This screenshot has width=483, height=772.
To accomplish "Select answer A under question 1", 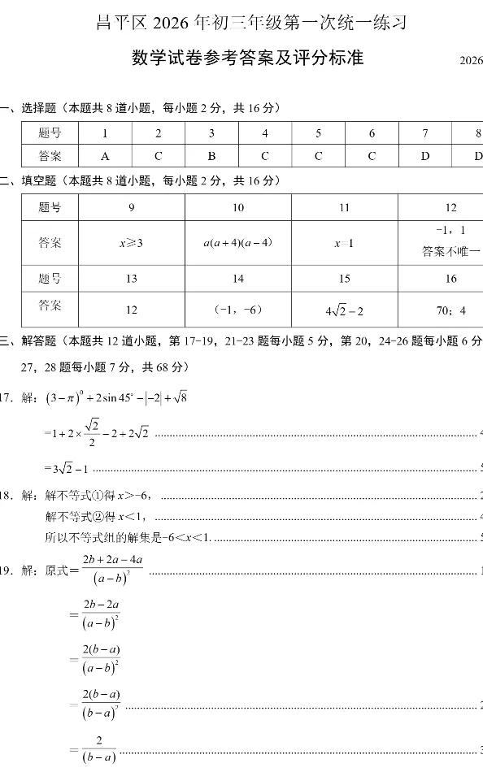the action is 105,156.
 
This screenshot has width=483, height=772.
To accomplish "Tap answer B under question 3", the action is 211,156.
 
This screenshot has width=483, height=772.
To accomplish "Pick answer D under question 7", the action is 424,156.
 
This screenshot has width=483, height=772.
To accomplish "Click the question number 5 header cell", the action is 318,133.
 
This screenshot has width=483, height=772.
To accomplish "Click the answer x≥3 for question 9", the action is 131,243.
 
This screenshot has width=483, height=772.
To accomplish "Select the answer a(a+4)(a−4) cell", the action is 237,243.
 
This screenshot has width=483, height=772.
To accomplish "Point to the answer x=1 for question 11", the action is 344,243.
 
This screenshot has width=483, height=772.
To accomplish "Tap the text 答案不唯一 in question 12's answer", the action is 451,252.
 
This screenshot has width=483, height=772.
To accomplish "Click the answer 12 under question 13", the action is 131,310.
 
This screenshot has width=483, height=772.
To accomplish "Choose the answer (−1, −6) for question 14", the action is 237,310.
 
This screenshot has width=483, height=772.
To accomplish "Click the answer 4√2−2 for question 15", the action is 344,310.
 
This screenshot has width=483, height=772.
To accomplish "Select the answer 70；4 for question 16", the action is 451,310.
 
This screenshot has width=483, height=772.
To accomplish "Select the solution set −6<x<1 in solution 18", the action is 184,537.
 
